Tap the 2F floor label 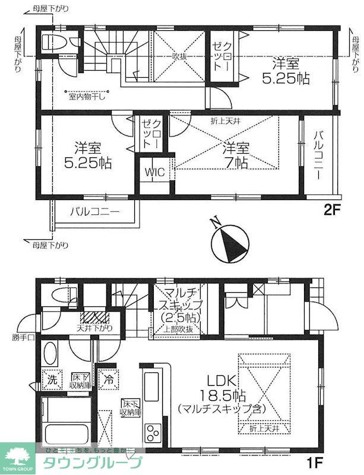pyautogui.click(x=333, y=209)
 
